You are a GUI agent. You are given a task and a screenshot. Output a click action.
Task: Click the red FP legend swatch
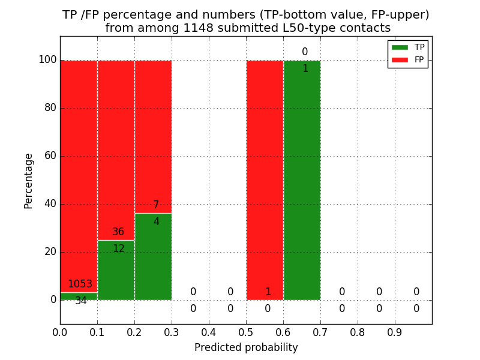point(400,59)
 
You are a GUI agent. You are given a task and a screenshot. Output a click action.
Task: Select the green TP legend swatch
point(400,47)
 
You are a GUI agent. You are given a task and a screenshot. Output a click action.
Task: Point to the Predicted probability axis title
point(246,347)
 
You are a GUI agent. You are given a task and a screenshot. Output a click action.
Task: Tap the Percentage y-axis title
point(29,181)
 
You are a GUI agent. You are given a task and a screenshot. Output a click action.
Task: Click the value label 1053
point(80,284)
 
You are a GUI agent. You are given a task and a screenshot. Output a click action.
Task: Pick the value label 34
point(81,301)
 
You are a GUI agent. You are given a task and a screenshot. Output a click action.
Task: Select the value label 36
point(118,232)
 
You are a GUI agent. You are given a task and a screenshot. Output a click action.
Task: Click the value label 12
point(118,248)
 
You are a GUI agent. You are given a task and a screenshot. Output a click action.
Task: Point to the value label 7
point(156,205)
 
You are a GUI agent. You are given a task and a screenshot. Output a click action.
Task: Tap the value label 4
point(156,222)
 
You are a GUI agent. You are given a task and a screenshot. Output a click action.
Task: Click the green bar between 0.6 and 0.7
point(302,180)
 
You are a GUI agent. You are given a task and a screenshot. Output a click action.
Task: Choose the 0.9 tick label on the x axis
point(395,332)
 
